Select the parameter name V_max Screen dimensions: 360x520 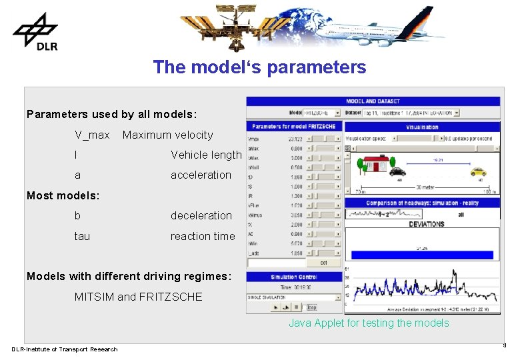click(92, 135)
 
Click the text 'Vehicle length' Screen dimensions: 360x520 click(206, 155)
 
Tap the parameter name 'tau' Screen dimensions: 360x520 click(82, 236)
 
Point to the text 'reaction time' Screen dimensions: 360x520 click(203, 236)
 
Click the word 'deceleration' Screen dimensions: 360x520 click(201, 215)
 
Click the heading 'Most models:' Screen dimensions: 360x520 click(63, 195)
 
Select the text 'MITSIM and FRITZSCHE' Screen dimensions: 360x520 click(138, 297)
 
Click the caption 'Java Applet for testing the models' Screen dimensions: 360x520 click(369, 323)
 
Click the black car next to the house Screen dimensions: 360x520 click(397, 171)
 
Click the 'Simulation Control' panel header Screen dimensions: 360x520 click(293, 277)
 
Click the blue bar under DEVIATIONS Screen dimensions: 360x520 click(422, 255)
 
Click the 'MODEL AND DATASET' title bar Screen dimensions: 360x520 click(373, 101)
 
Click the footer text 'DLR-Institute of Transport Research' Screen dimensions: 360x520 click(64, 349)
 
